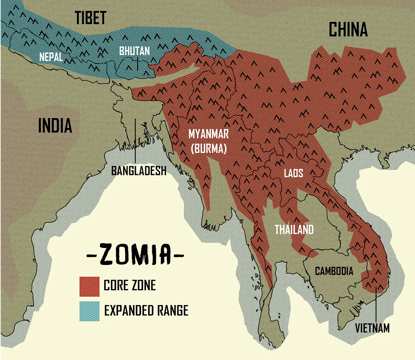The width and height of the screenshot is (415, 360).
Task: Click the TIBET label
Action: pyautogui.click(x=91, y=17)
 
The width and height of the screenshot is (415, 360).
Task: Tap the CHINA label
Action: pyautogui.click(x=348, y=29)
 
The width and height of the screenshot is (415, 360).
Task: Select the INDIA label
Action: pyautogui.click(x=55, y=125)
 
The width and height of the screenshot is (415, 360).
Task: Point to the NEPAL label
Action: pyautogui.click(x=51, y=57)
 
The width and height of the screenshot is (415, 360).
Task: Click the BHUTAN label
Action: pyautogui.click(x=134, y=51)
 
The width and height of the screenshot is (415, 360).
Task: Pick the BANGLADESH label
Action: pyautogui.click(x=138, y=170)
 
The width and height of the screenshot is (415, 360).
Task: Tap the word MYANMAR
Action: pyautogui.click(x=208, y=134)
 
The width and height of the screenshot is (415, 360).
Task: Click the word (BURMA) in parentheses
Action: pyautogui.click(x=208, y=149)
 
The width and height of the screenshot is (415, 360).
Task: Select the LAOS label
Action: pyautogui.click(x=294, y=173)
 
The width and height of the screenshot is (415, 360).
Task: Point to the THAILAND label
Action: pyautogui.click(x=294, y=229)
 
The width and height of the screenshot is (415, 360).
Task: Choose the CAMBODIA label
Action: pyautogui.click(x=334, y=271)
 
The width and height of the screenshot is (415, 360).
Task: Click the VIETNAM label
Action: pyautogui.click(x=372, y=328)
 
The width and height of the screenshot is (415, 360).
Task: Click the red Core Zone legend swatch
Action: pyautogui.click(x=89, y=286)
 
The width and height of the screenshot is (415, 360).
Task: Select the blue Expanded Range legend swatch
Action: pyautogui.click(x=89, y=311)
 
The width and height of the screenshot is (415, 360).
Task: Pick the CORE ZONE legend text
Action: pyautogui.click(x=129, y=285)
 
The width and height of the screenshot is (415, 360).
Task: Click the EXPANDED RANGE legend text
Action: pyautogui.click(x=146, y=311)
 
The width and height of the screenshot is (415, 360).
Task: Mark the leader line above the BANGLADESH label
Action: pyautogui.click(x=135, y=141)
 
